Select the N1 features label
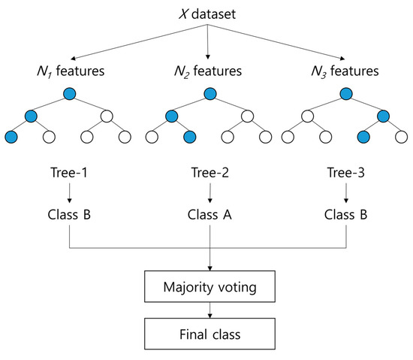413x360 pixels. point(70,72)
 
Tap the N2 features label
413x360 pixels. point(206,72)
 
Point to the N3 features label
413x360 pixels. point(345,72)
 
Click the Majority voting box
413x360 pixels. point(207,286)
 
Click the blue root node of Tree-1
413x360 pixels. point(70,95)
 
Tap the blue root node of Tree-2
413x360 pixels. point(207,95)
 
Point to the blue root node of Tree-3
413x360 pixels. point(345,95)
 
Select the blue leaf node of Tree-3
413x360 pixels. point(363,138)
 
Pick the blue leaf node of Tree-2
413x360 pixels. point(188,138)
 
